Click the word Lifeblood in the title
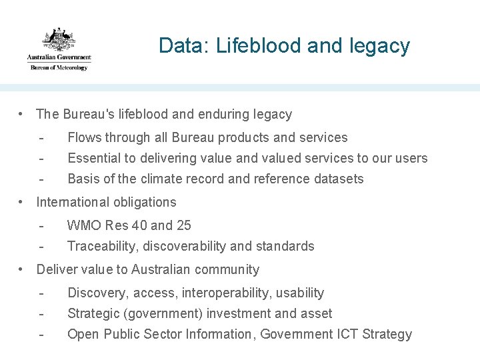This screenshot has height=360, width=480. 247,46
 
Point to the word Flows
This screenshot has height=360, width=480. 83,138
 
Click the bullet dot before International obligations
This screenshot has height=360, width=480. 23,202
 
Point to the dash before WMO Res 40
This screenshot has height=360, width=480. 41,226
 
